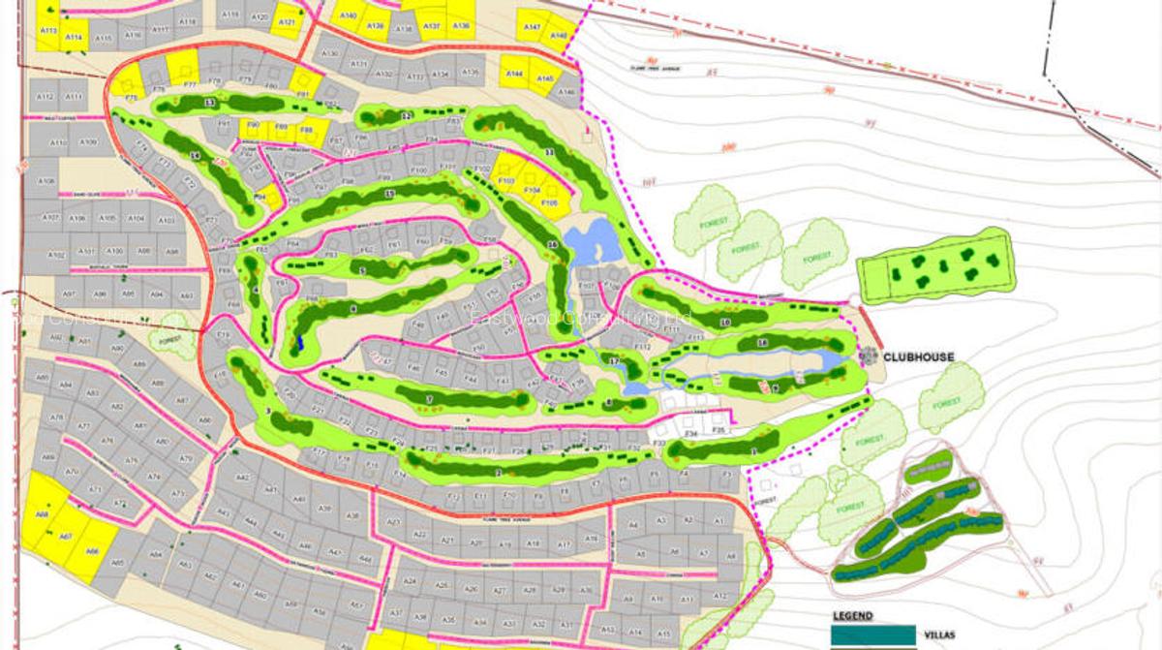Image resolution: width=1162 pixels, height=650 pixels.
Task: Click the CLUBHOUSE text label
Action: (x=918, y=357)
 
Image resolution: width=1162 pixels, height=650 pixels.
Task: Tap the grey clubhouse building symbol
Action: (x=869, y=356)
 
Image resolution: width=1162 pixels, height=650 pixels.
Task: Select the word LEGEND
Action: (x=852, y=615)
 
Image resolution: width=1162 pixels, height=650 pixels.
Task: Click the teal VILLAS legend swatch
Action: (x=873, y=635)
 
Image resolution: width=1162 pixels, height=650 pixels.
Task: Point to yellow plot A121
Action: (x=286, y=21)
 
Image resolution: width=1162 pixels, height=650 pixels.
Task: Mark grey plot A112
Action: (x=44, y=96)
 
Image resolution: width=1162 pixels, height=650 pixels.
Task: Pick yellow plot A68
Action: (x=43, y=514)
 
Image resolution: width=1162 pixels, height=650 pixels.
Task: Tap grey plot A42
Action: (x=243, y=478)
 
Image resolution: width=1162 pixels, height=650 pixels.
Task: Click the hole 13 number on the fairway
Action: (x=209, y=102)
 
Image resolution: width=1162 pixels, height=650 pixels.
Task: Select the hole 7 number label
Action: (x=428, y=399)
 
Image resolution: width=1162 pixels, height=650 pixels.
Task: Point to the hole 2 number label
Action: (x=498, y=472)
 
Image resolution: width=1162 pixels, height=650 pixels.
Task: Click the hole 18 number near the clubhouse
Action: (x=763, y=342)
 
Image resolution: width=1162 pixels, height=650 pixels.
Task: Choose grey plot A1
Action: (x=718, y=521)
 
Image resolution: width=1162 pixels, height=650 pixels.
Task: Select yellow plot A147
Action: (x=532, y=27)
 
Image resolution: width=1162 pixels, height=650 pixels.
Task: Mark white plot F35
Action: (x=718, y=428)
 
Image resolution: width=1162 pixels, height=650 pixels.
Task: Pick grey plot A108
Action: (x=46, y=181)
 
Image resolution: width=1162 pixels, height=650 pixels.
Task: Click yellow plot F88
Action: (x=307, y=129)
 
